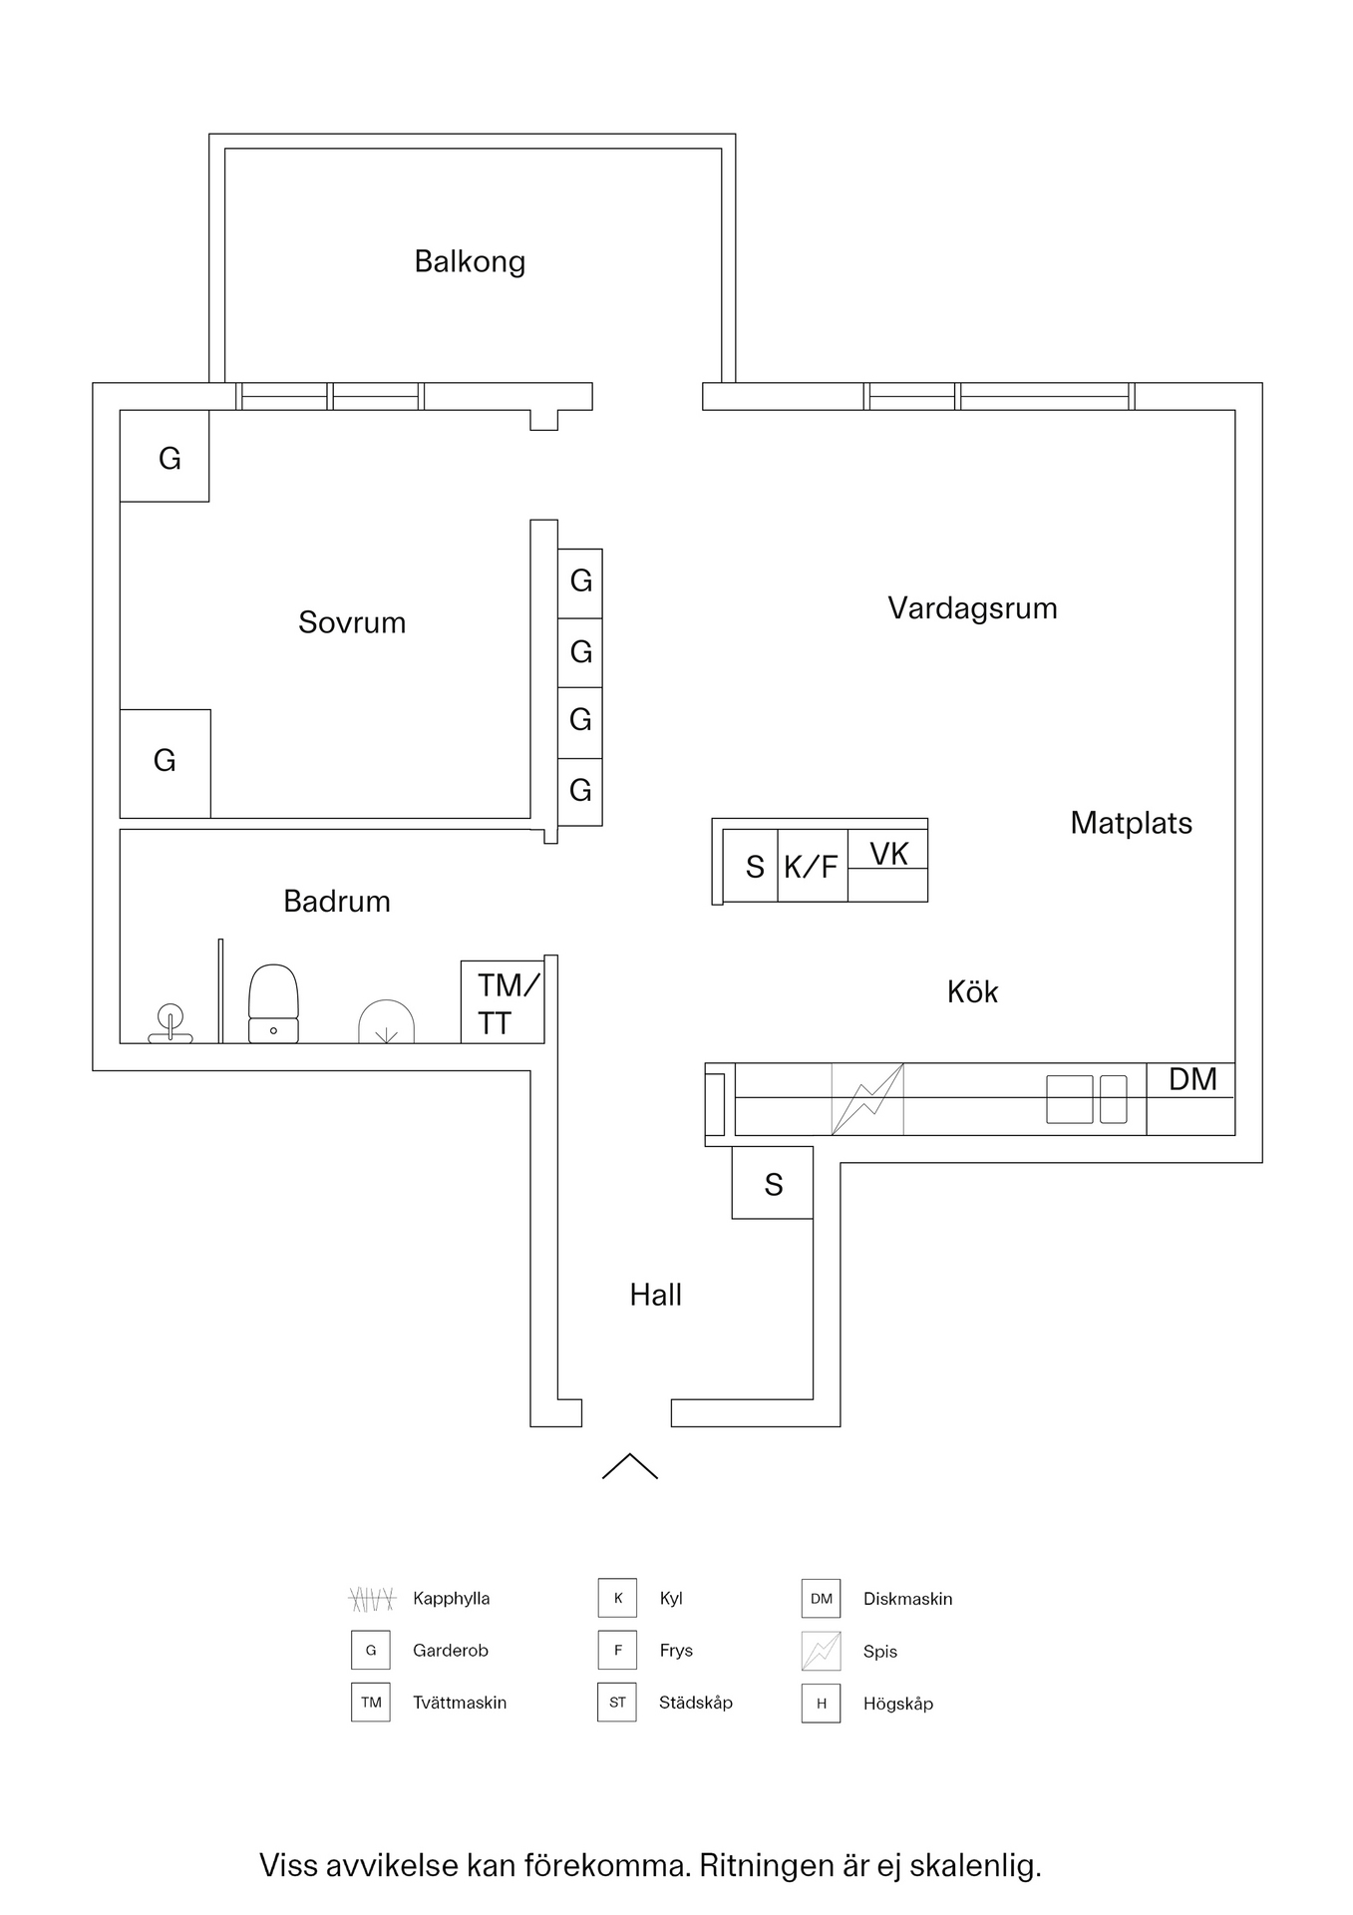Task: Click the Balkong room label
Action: click(470, 261)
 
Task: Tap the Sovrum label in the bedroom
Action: click(352, 622)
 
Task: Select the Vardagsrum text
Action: click(972, 608)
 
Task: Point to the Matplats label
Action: click(1131, 823)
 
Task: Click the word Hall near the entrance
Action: click(655, 1295)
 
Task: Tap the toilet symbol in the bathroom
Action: click(273, 1003)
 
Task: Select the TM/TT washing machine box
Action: click(503, 1002)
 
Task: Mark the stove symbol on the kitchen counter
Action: click(867, 1099)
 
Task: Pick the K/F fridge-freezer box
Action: click(812, 867)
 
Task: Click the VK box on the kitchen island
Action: click(888, 854)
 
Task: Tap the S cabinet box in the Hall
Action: click(773, 1184)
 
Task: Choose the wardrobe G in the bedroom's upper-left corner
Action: click(166, 458)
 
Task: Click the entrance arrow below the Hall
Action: click(630, 1465)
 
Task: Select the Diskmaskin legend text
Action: click(907, 1599)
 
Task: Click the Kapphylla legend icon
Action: click(372, 1599)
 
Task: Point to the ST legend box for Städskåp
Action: click(617, 1703)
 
